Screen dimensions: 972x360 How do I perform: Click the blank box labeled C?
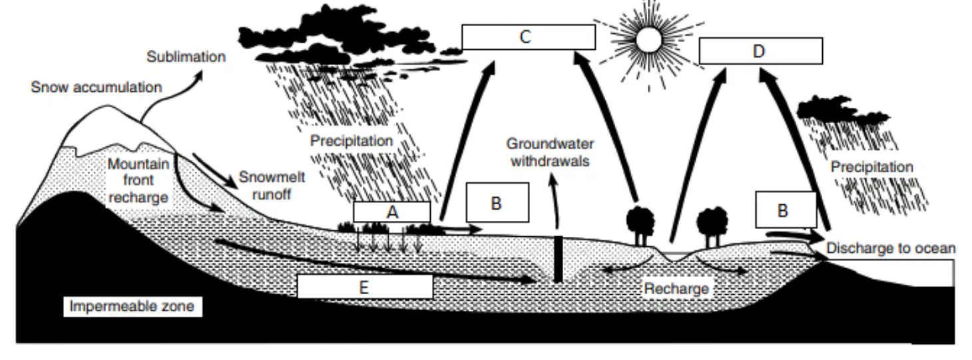point(529,37)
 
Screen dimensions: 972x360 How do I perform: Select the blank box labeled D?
point(761,51)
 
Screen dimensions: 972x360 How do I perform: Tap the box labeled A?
point(392,212)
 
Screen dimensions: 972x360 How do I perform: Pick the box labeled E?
point(365,287)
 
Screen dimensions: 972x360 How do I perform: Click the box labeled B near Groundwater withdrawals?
point(498,202)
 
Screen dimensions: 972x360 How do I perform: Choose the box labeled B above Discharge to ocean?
point(786,210)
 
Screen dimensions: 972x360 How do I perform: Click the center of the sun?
point(649,40)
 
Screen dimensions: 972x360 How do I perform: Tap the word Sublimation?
point(186,57)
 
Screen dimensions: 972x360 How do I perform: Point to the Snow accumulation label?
point(97,87)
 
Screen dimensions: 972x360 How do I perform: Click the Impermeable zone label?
point(132,306)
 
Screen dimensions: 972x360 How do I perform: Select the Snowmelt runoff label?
point(272,186)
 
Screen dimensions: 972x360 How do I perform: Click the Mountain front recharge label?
point(138,180)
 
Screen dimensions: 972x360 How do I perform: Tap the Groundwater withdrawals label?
point(550,152)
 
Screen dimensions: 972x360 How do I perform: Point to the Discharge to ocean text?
point(891,248)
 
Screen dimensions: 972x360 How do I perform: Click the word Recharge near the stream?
point(676,289)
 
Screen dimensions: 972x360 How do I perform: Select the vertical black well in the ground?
point(559,259)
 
